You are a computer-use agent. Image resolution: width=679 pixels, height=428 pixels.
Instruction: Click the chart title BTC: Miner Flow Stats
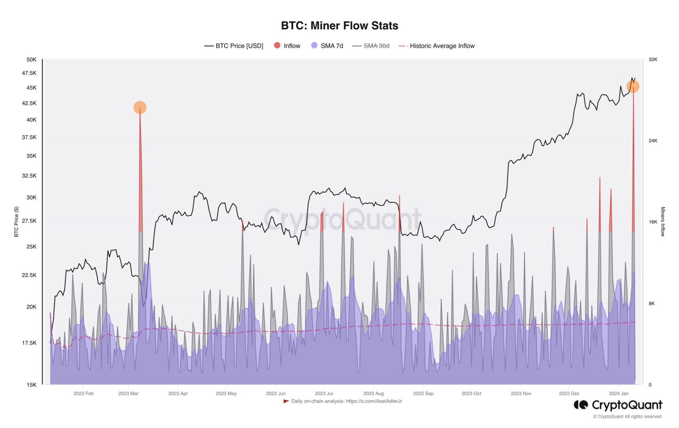point(339,26)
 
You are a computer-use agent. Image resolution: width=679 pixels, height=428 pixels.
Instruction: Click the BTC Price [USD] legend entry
point(234,46)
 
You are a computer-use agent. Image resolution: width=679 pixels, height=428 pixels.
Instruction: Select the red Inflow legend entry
point(287,46)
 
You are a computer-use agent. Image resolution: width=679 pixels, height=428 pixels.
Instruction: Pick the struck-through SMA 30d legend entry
point(371,46)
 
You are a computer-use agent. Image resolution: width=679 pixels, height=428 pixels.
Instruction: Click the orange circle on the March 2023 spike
point(140,107)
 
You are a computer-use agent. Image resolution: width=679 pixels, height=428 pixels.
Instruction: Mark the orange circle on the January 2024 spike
point(633,87)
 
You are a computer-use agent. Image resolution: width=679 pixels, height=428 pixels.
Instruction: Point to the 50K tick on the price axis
point(31,60)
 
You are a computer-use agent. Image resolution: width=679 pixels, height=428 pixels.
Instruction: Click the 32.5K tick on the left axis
point(29,176)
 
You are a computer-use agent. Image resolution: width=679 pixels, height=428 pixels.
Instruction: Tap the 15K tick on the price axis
point(31,385)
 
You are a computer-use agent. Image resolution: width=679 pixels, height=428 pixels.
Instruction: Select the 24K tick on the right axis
point(653,141)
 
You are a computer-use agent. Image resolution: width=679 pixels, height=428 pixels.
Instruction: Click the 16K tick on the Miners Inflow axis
point(653,222)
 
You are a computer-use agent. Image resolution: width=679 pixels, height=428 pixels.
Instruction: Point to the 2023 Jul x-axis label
point(324,394)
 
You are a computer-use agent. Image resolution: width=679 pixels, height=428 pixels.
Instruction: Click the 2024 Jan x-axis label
point(618,394)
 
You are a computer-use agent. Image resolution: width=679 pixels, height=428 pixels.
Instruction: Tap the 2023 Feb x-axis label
point(84,394)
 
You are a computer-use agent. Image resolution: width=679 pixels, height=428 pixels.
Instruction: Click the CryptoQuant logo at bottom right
point(618,405)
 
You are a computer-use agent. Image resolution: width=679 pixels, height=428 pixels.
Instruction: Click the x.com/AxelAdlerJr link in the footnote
point(374,401)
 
